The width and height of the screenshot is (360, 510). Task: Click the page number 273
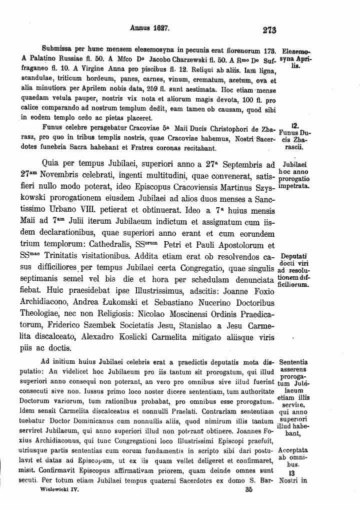pyautogui.click(x=269, y=30)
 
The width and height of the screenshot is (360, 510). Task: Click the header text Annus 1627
pyautogui.click(x=149, y=29)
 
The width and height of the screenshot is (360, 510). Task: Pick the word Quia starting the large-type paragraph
pyautogui.click(x=53, y=163)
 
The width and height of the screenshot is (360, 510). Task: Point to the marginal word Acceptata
pyautogui.click(x=293, y=450)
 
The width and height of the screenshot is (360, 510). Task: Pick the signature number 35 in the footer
pyautogui.click(x=248, y=491)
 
